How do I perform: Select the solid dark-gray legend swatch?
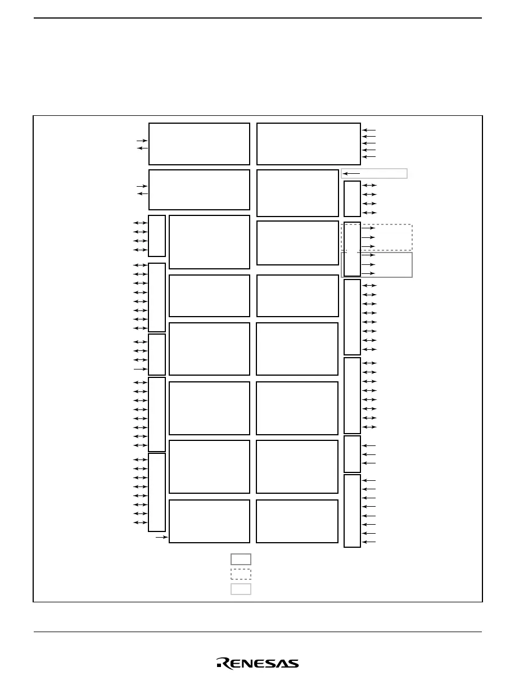(241, 559)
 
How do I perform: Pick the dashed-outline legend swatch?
(241, 574)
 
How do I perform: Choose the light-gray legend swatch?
(241, 589)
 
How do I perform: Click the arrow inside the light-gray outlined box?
(351, 173)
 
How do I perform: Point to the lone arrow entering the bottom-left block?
(162, 538)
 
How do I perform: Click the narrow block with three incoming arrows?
(352, 454)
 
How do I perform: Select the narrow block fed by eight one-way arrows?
(352, 511)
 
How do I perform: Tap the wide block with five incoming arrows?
(308, 143)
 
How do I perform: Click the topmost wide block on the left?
(199, 143)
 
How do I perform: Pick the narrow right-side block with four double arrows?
(352, 199)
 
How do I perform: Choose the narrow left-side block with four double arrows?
(157, 236)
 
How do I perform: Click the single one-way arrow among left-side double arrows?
(140, 369)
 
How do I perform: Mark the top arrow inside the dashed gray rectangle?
(368, 228)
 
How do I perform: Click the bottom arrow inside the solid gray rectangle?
(368, 273)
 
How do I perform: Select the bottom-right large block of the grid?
(297, 521)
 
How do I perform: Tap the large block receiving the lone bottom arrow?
(209, 521)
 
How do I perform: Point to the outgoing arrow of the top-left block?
(142, 148)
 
